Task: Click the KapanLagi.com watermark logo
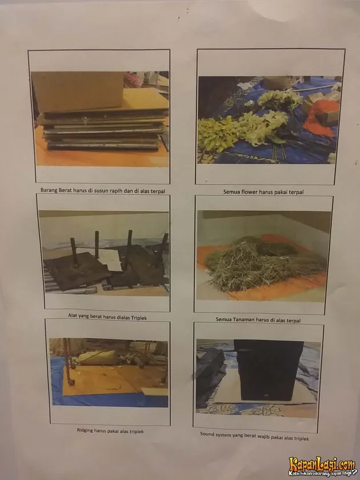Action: [322, 466]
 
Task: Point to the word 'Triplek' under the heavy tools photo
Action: [139, 318]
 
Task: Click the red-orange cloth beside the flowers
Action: [321, 117]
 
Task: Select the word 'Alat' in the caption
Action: [73, 315]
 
